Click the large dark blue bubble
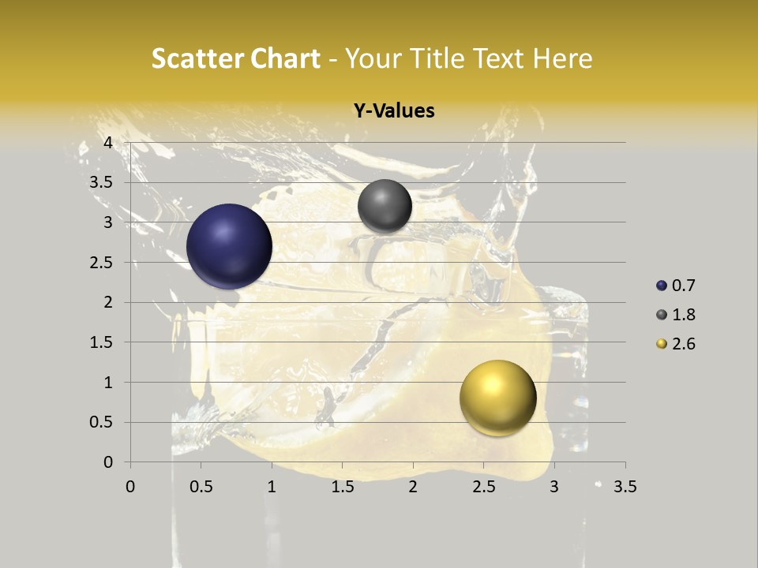click(229, 246)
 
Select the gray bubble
click(385, 206)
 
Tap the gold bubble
click(497, 398)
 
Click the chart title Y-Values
click(393, 111)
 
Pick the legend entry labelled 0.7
click(675, 286)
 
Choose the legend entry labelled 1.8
click(675, 315)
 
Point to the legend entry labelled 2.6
click(675, 344)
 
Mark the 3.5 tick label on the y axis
click(102, 182)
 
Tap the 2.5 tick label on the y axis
click(102, 262)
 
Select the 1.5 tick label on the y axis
click(102, 342)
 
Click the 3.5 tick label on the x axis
click(625, 487)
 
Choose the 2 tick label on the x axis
click(413, 487)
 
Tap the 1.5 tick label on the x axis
click(342, 487)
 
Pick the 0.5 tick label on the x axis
click(201, 487)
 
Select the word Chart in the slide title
click(285, 58)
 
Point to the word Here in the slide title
click(562, 58)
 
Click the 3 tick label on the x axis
click(554, 487)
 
